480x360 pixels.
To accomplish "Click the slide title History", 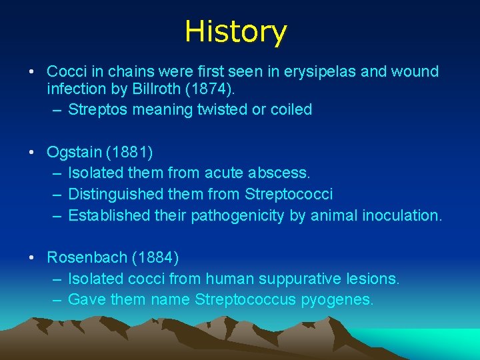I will [235, 31].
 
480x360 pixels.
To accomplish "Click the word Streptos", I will [97, 109].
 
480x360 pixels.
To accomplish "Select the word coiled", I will [290, 109].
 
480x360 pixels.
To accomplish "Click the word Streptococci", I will [289, 194].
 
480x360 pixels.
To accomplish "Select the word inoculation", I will [402, 215].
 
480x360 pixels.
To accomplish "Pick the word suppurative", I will [290, 279].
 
